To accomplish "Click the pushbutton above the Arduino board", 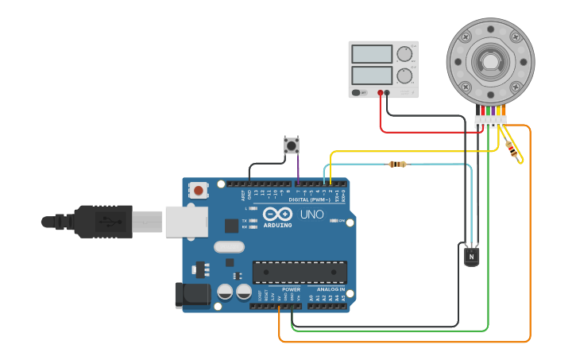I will click(x=292, y=145).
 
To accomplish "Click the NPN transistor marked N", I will click(x=472, y=256).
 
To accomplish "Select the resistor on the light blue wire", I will click(x=397, y=165).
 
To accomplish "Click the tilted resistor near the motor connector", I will click(x=513, y=149).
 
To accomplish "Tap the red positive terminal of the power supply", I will click(x=381, y=93).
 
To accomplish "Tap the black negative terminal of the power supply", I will click(x=388, y=93).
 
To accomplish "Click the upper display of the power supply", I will click(x=372, y=54).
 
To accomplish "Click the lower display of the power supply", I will click(x=372, y=75).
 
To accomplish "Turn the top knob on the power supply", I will click(x=405, y=54).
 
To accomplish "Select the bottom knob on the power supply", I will click(x=405, y=76).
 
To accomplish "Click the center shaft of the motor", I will click(x=489, y=61).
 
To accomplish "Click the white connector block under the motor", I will click(x=490, y=121).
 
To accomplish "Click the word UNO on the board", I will click(x=311, y=215).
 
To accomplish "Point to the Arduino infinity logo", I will click(x=277, y=215).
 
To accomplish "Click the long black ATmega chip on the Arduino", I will click(x=300, y=272).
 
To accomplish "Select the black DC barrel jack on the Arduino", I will click(x=191, y=295).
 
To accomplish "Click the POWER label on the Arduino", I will click(x=291, y=289).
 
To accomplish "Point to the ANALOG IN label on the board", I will click(x=331, y=289).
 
